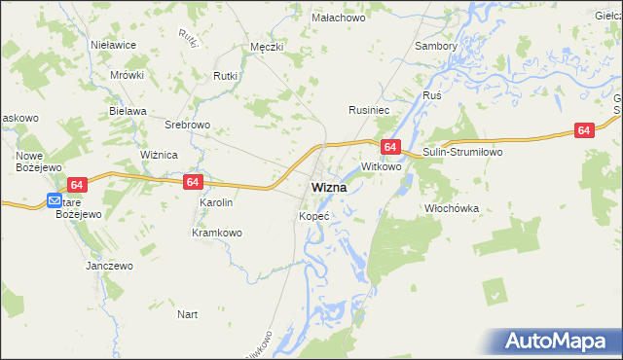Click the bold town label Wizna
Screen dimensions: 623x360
(332, 187)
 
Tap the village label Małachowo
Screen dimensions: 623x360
(337, 18)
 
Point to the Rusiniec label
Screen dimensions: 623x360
(370, 111)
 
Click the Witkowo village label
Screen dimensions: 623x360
(382, 167)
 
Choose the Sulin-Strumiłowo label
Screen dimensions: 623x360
(460, 153)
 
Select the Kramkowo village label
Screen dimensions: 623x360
(216, 233)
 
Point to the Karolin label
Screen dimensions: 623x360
(216, 202)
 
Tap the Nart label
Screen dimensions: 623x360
(188, 314)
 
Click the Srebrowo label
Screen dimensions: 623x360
(188, 126)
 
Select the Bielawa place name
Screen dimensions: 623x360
(128, 111)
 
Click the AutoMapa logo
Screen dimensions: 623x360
(562, 342)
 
